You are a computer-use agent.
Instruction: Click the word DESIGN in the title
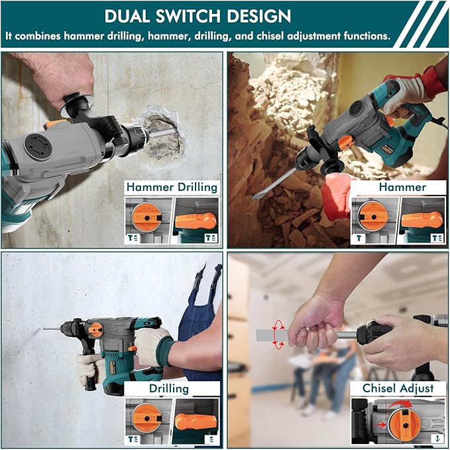tap(256, 16)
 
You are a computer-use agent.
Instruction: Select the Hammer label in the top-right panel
tap(402, 188)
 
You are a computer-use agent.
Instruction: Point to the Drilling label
tap(168, 388)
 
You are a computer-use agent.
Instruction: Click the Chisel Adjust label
tap(398, 388)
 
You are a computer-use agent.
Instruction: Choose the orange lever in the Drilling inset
tap(196, 422)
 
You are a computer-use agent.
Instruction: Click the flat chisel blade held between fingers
tap(272, 335)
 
